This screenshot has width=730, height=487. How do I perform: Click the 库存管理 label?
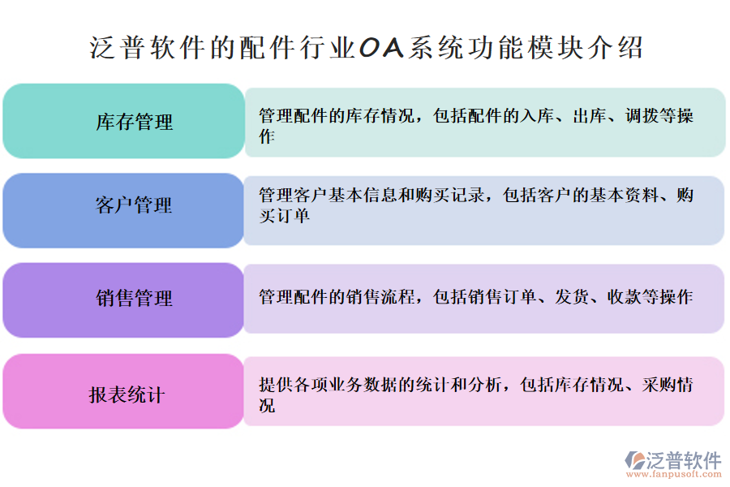(135, 122)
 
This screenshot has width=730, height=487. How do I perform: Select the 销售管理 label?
(135, 298)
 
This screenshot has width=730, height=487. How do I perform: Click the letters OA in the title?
(380, 48)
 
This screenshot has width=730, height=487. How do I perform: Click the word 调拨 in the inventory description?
(641, 115)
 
